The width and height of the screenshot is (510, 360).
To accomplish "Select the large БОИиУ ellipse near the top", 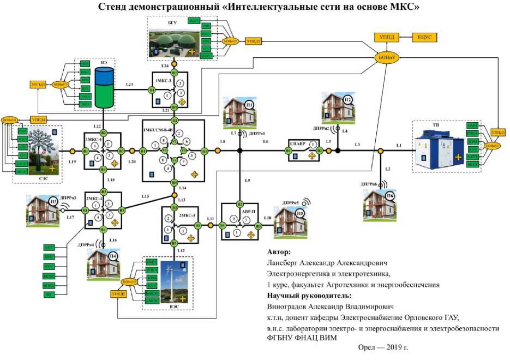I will pos(386,57).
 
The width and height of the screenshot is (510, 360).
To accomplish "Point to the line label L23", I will pos(129,85).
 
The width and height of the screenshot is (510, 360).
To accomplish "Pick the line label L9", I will pos(247,181).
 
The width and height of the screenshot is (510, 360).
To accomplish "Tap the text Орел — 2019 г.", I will pos(383,347).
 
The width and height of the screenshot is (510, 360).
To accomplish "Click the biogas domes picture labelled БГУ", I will pos(181,42).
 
